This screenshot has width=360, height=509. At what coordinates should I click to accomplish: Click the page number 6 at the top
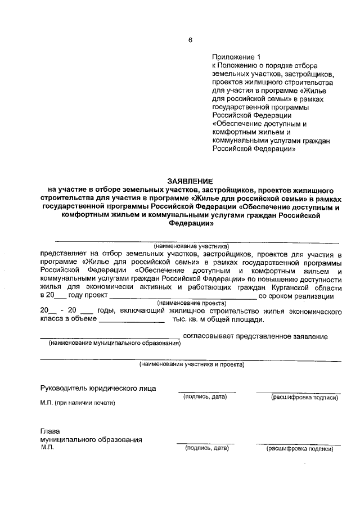pos(190,39)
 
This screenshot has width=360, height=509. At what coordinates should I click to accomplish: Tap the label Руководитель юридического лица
pos(98,388)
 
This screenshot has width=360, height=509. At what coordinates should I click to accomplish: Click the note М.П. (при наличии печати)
pos(77,403)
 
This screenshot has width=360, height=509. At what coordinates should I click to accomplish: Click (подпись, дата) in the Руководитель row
pos(205,397)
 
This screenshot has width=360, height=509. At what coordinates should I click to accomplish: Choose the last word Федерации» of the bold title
pos(191,223)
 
